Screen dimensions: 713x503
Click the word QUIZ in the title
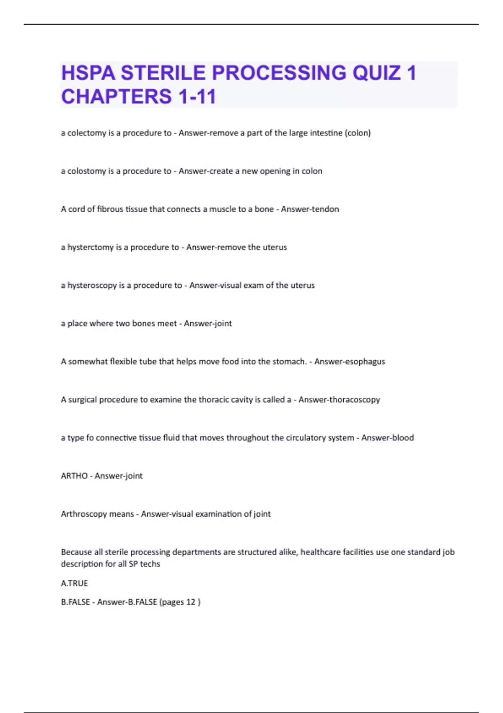pyautogui.click(x=376, y=73)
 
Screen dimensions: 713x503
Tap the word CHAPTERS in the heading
pyautogui.click(x=116, y=96)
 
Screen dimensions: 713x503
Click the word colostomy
pyautogui.click(x=87, y=171)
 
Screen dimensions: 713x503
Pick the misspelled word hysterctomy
pyautogui.click(x=91, y=247)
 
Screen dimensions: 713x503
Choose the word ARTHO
pyautogui.click(x=74, y=476)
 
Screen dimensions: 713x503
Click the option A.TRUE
pyautogui.click(x=74, y=583)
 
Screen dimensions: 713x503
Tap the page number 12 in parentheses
pyautogui.click(x=191, y=602)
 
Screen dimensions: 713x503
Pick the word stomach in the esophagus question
pyautogui.click(x=289, y=362)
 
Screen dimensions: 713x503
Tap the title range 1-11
pyautogui.click(x=197, y=96)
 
